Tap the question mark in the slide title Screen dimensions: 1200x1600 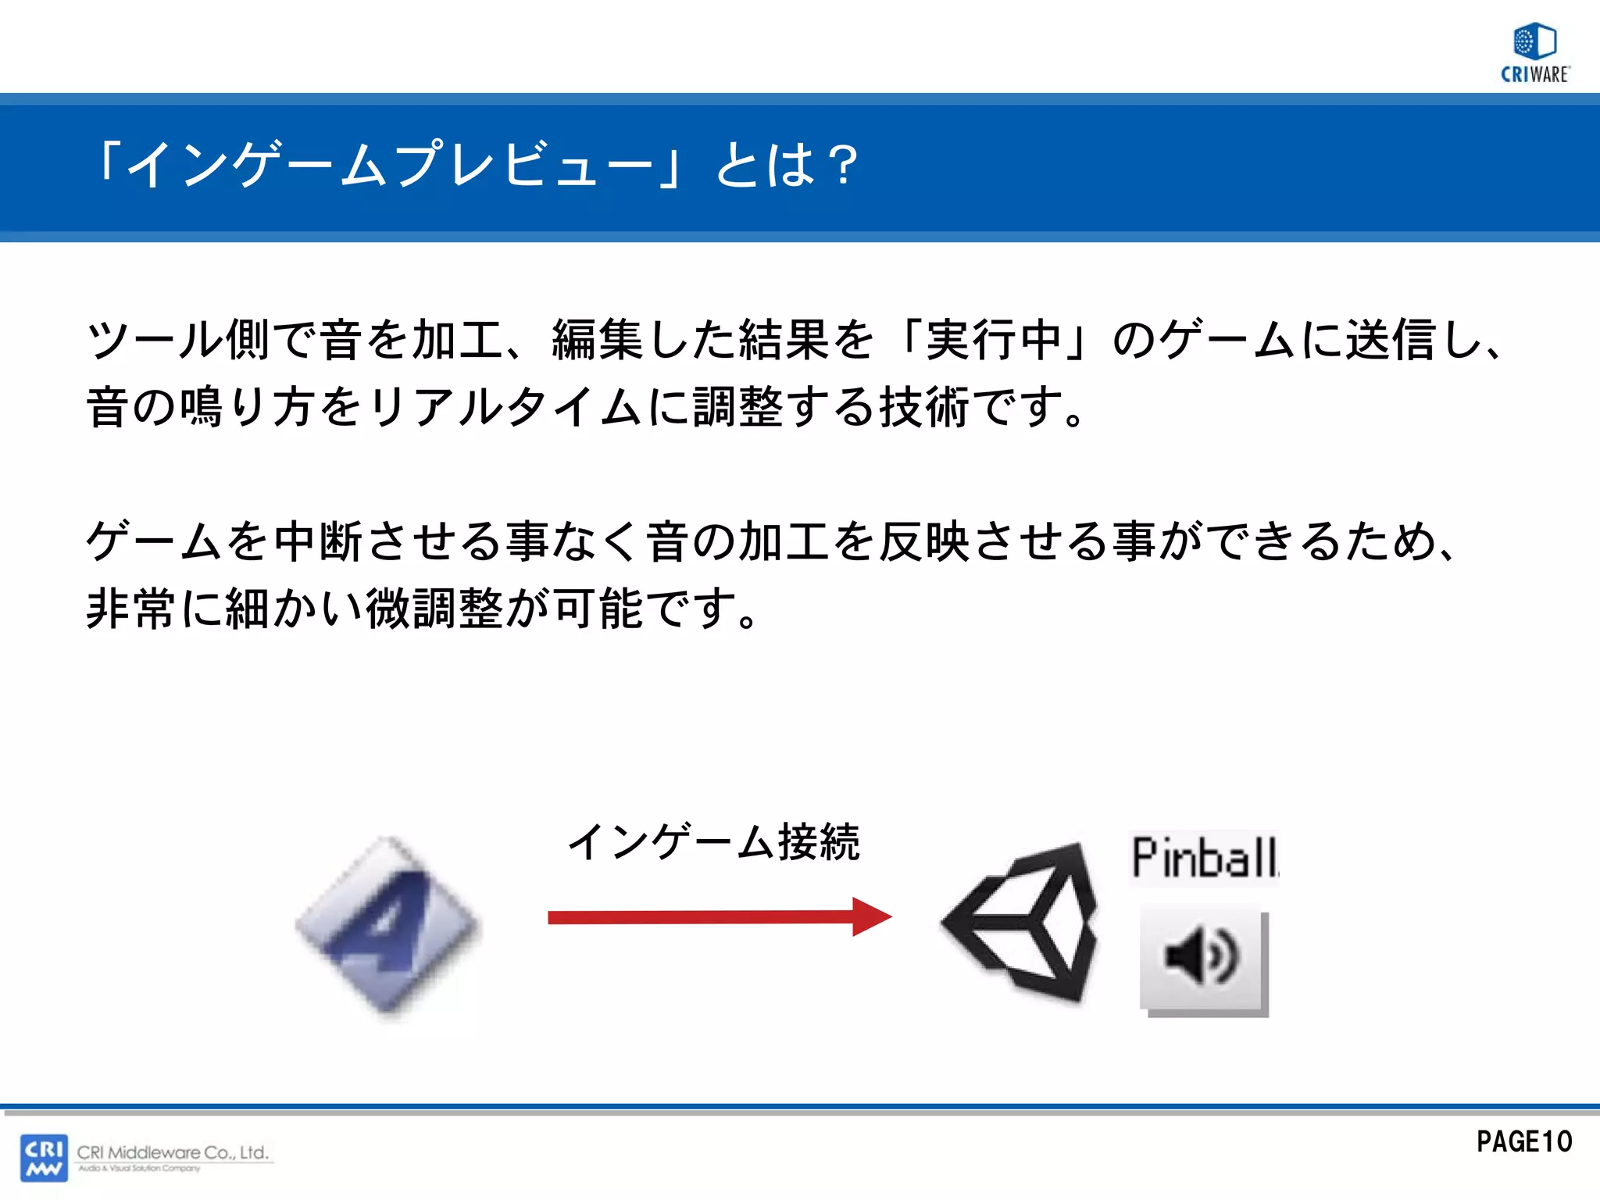tap(843, 166)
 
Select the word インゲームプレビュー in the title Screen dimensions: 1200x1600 tap(390, 166)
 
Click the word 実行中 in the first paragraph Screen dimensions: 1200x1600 tap(993, 341)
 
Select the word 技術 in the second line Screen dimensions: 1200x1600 tap(925, 408)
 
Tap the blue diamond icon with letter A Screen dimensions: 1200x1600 tap(387, 927)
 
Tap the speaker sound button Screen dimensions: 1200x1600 tap(1203, 959)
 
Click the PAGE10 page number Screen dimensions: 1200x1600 tap(1523, 1141)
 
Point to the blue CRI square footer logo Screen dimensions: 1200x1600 tap(44, 1158)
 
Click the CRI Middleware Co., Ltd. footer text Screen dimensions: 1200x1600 tap(173, 1152)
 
